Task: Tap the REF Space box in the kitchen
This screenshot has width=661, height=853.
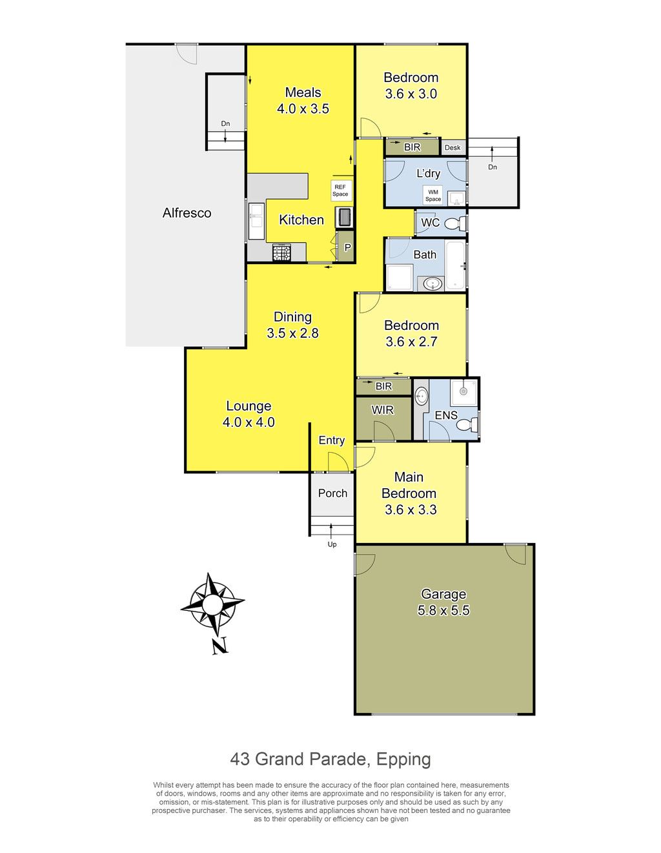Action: [x=340, y=190]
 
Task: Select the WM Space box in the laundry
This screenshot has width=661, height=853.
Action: [x=432, y=195]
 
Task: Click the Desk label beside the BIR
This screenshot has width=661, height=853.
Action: [x=453, y=148]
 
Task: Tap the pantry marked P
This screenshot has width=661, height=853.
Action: [x=347, y=247]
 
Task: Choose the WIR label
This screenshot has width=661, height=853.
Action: [x=382, y=410]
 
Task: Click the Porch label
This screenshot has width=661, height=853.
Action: [x=332, y=493]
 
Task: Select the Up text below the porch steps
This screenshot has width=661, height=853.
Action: [x=332, y=544]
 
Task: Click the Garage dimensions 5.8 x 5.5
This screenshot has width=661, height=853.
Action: [x=443, y=611]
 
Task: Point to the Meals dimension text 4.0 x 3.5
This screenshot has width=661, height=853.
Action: [x=303, y=108]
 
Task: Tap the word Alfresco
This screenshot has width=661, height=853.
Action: [x=187, y=213]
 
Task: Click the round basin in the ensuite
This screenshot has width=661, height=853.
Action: [x=421, y=396]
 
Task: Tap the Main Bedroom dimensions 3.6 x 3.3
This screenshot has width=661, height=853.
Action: [x=411, y=509]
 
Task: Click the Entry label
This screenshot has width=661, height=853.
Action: [x=332, y=440]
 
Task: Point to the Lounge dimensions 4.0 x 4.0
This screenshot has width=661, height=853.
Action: [x=249, y=422]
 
